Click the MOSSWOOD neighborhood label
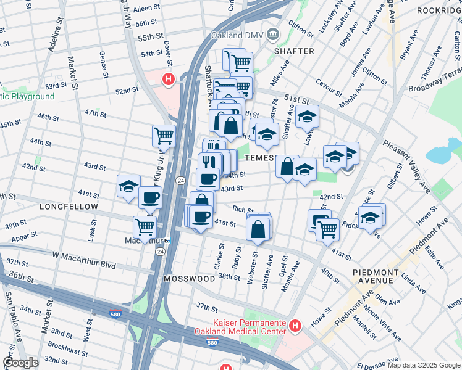(x=189, y=279)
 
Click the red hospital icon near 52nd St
(x=167, y=79)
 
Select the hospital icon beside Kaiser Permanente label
(x=296, y=325)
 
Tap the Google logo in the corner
(x=20, y=363)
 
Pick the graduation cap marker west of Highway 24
(x=128, y=186)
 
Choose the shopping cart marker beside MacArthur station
(x=145, y=226)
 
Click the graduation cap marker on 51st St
(x=306, y=117)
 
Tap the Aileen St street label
(x=146, y=10)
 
